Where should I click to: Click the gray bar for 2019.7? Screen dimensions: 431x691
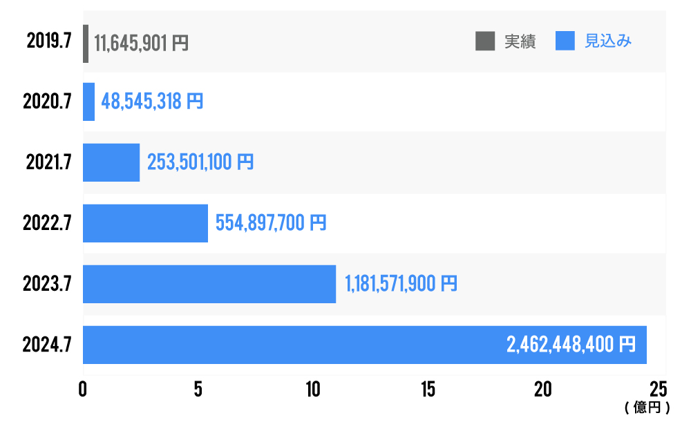(86, 44)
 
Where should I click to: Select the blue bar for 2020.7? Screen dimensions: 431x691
(88, 102)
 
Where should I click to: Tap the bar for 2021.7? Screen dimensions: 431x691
(111, 162)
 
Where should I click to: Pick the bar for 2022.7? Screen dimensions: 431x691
(145, 223)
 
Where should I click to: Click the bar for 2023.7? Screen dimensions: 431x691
(209, 284)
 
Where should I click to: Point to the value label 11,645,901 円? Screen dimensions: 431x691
(141, 44)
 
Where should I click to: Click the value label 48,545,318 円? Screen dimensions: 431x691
(152, 102)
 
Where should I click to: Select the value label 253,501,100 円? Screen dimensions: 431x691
(200, 163)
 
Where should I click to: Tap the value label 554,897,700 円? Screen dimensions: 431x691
(271, 223)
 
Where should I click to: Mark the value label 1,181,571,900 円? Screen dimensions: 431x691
(401, 284)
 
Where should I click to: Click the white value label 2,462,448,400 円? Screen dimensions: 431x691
(571, 345)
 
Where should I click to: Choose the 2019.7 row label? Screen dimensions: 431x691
(49, 41)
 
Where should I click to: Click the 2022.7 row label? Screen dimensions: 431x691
(47, 223)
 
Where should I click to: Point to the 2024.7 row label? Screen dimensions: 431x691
(47, 345)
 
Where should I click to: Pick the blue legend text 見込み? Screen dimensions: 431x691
(608, 41)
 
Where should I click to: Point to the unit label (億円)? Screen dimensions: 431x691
(647, 408)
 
